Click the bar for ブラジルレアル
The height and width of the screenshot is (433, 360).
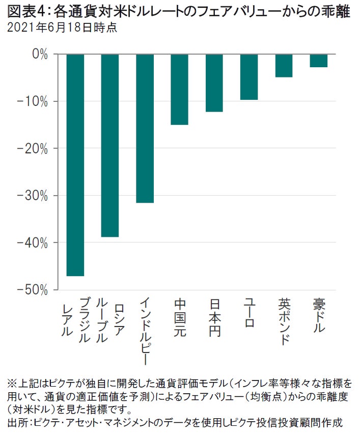[x=75, y=165]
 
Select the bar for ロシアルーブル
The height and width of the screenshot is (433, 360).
[x=110, y=145]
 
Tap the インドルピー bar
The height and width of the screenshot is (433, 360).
[x=145, y=128]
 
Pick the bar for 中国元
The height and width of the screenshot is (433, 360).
[x=179, y=89]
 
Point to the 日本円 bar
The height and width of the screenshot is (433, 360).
[x=214, y=83]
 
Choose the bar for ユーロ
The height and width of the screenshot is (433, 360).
[x=249, y=76]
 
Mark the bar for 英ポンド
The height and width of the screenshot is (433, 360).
[x=284, y=65]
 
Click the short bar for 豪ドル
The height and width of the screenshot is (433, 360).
[x=318, y=60]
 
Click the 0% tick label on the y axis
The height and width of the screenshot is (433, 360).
[x=39, y=54]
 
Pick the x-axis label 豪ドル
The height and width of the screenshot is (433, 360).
[x=319, y=316]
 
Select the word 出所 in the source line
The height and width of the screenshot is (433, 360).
[x=16, y=422]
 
